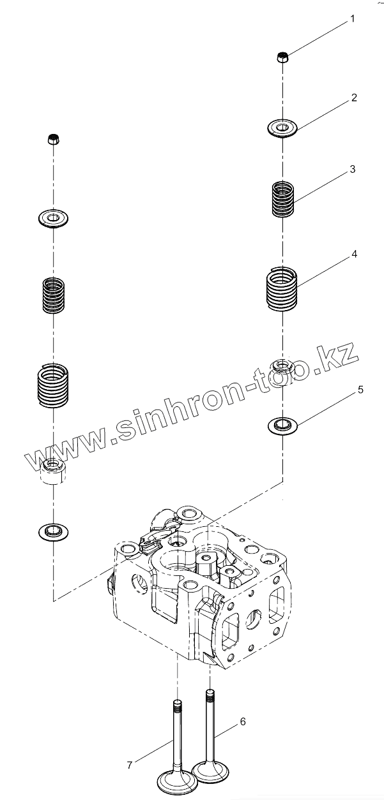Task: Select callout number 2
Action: (354, 98)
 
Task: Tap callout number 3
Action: (352, 170)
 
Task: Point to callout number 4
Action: (354, 254)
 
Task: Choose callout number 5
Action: (360, 389)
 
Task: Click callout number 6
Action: (242, 721)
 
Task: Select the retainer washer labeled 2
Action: (282, 127)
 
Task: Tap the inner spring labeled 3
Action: (282, 198)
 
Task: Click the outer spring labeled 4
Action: (282, 290)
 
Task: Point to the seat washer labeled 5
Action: (282, 424)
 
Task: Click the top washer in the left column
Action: (54, 219)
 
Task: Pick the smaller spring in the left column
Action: (54, 295)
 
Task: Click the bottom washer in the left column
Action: (54, 529)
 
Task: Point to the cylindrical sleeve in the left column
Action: (53, 471)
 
